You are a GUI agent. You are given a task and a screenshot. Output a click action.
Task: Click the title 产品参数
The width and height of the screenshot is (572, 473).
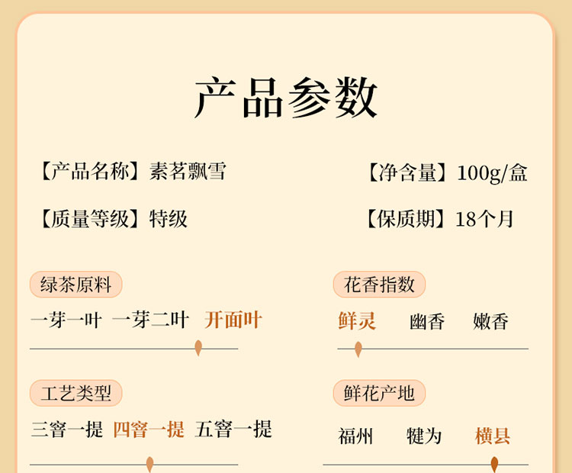(x=286, y=98)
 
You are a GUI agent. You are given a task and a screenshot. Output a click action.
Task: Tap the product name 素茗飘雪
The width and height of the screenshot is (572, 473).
(x=188, y=170)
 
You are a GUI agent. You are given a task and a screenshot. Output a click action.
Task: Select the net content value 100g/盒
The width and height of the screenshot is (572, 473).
(x=492, y=173)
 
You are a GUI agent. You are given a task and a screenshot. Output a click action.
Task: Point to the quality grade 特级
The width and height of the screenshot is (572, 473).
(x=169, y=220)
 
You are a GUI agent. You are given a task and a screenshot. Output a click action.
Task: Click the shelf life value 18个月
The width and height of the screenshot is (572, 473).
(x=484, y=220)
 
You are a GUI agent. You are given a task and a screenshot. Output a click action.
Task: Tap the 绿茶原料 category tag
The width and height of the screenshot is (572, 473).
(x=76, y=285)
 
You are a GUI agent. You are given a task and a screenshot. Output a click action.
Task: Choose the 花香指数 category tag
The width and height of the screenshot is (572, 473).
(x=379, y=285)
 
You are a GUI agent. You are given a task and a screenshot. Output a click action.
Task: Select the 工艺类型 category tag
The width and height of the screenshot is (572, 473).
(x=76, y=394)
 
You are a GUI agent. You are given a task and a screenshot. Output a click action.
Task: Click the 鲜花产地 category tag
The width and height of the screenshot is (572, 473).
(x=379, y=394)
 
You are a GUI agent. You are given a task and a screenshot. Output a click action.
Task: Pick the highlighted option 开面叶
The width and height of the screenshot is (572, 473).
(x=233, y=320)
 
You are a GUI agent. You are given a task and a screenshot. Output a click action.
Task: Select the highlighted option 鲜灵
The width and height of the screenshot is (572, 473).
(x=357, y=321)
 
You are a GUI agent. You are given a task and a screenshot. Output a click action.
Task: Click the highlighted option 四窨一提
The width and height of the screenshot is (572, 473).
(x=149, y=430)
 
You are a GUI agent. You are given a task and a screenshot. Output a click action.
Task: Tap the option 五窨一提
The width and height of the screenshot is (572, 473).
(x=233, y=430)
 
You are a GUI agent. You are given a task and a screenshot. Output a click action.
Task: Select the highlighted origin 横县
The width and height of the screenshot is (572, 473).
(x=493, y=436)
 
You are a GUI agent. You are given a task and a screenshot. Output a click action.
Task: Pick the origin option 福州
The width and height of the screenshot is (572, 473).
(x=356, y=436)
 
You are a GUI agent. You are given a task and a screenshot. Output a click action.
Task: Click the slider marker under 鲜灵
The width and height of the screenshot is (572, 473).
(x=358, y=349)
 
